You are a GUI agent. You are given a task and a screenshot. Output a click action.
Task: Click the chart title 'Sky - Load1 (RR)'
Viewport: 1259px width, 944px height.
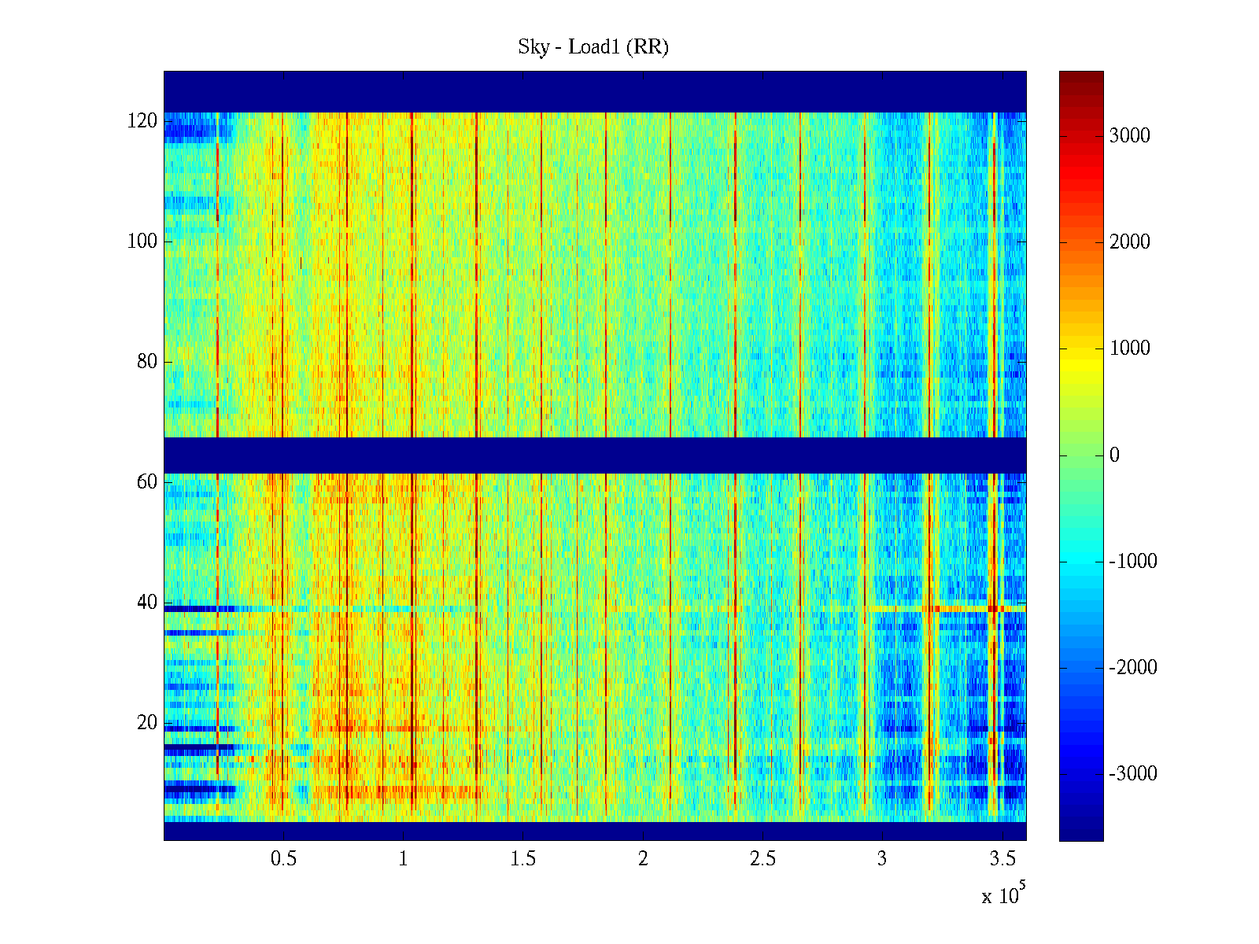(x=593, y=47)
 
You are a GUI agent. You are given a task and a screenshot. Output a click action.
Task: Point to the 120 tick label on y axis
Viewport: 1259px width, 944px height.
(x=142, y=121)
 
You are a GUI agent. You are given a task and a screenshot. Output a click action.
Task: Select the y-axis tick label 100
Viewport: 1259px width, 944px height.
(x=142, y=242)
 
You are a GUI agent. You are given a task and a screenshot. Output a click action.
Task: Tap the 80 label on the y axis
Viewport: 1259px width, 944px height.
(x=147, y=362)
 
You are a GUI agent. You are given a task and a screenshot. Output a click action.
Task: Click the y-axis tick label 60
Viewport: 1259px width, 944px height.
(x=147, y=482)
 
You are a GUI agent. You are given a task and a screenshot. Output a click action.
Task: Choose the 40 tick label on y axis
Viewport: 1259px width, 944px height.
(x=147, y=603)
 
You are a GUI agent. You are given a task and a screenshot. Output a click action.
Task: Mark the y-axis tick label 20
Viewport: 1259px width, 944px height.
(x=147, y=723)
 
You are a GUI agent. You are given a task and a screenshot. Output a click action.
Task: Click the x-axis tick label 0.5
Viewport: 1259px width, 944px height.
(x=283, y=859)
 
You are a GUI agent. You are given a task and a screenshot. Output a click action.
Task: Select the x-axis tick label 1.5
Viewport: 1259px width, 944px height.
(x=523, y=859)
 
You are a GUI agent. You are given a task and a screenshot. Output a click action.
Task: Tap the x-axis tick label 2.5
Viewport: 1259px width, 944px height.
(x=762, y=859)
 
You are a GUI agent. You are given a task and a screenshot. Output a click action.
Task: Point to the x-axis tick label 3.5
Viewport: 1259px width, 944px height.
(x=1002, y=859)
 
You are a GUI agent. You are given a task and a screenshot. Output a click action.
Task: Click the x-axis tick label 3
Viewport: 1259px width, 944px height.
(x=882, y=859)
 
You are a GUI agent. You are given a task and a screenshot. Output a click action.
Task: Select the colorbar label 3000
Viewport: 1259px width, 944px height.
(x=1130, y=136)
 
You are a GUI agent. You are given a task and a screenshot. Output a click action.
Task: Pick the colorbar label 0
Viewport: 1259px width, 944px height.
(x=1114, y=455)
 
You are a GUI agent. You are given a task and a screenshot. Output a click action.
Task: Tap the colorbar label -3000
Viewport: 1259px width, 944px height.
(x=1133, y=774)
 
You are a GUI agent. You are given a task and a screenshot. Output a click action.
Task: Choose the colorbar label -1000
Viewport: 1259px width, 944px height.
(x=1133, y=562)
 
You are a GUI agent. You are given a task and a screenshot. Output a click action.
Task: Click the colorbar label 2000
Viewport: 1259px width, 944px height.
(x=1130, y=242)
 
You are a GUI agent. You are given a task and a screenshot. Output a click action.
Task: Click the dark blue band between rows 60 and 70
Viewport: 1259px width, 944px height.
(x=595, y=455)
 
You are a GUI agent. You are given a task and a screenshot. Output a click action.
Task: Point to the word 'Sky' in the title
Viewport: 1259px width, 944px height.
(x=533, y=47)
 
